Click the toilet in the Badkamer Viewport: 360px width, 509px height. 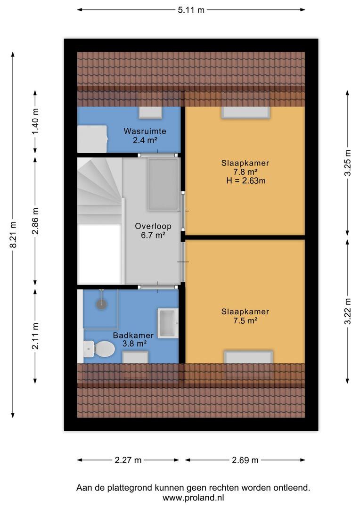coord(99,348)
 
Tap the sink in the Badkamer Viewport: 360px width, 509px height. coord(168,323)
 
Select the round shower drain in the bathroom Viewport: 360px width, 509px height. coord(102,304)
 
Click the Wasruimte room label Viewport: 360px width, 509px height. coord(145,131)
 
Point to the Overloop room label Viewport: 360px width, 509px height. coord(153,226)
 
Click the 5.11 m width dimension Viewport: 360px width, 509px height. coord(191,10)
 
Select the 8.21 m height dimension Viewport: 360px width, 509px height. coord(13,235)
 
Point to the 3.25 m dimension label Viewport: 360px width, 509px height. coord(347,163)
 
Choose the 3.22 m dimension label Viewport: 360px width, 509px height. coord(347,312)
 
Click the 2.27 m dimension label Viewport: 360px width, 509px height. coord(128,460)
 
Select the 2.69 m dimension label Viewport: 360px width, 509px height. coord(245,460)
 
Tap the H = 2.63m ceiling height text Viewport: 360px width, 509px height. coord(246,181)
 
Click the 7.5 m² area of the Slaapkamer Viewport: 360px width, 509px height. coord(245,321)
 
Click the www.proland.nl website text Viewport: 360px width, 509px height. coord(194,498)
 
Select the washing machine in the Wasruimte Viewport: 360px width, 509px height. coord(92,139)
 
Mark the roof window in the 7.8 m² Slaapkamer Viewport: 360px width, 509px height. coord(246,112)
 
